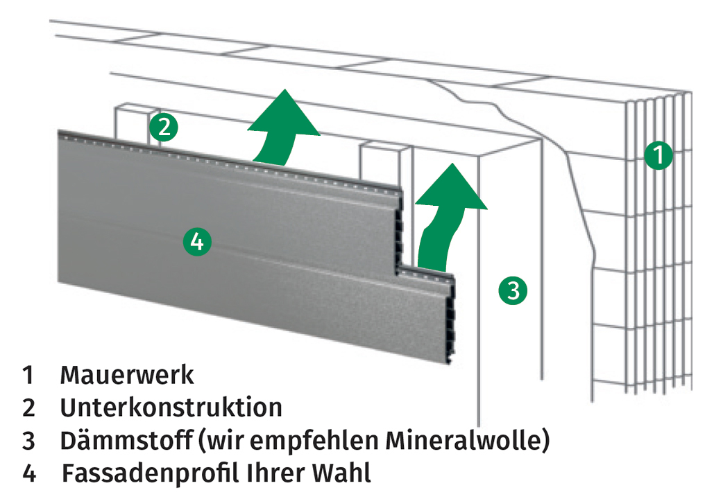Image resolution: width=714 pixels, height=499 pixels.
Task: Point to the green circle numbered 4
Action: (x=196, y=241)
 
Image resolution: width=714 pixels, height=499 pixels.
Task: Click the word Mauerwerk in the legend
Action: (x=127, y=376)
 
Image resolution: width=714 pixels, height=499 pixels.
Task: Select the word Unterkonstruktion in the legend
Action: (x=171, y=408)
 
